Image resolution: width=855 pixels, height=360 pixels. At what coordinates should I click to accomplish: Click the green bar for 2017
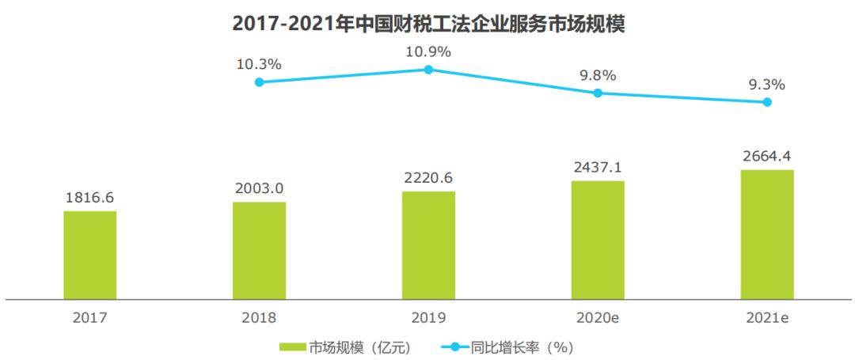pyautogui.click(x=89, y=255)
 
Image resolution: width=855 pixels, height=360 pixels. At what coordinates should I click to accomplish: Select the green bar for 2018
pyautogui.click(x=259, y=250)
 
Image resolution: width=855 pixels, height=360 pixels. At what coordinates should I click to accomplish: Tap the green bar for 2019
pyautogui.click(x=428, y=245)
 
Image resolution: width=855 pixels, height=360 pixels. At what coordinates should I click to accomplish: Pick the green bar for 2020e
pyautogui.click(x=598, y=240)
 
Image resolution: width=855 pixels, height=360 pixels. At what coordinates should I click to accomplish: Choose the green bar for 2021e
pyautogui.click(x=767, y=234)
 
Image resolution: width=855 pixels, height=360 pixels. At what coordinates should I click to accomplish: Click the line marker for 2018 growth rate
pyautogui.click(x=259, y=82)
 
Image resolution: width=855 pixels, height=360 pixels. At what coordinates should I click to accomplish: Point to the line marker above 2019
pyautogui.click(x=428, y=70)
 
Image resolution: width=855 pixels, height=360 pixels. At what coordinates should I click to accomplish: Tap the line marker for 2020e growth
pyautogui.click(x=598, y=93)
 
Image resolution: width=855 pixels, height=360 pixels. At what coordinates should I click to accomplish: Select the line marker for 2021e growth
pyautogui.click(x=767, y=102)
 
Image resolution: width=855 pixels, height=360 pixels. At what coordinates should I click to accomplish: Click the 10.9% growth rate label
pyautogui.click(x=428, y=51)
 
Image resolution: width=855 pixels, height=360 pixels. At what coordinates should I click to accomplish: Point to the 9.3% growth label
pyautogui.click(x=767, y=84)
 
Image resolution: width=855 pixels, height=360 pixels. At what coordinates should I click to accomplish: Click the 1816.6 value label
pyautogui.click(x=89, y=199)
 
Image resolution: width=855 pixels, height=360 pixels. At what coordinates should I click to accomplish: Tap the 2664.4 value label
pyautogui.click(x=767, y=157)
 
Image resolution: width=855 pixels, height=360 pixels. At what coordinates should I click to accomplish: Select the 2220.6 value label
pyautogui.click(x=428, y=178)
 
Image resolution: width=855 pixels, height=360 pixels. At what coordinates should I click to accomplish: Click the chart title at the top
pyautogui.click(x=428, y=24)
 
